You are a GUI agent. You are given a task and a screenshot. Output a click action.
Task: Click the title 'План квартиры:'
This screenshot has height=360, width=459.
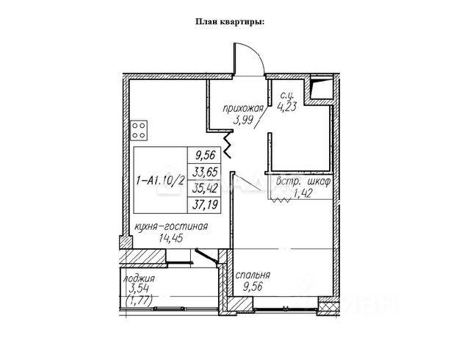pos(230,21)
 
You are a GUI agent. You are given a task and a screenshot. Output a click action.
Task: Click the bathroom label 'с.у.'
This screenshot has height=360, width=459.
pos(287,93)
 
